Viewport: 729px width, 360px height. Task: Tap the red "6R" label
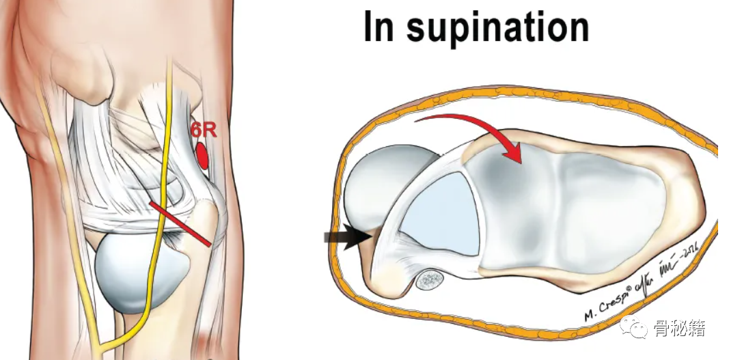click(204, 130)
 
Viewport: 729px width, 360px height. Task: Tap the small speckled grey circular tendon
click(430, 279)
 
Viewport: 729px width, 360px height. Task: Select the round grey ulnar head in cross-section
click(383, 181)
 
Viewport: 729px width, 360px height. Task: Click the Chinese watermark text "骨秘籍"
click(680, 329)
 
